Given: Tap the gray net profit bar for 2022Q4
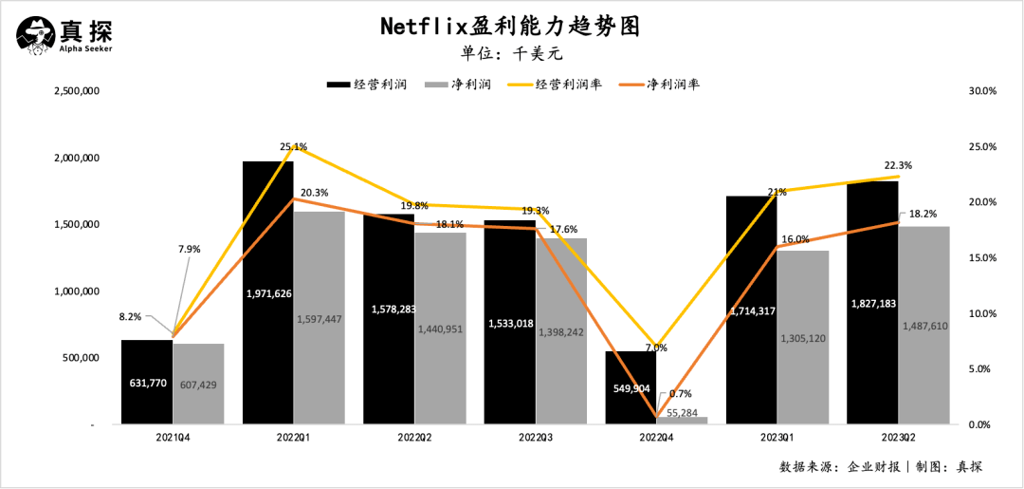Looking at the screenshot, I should click(682, 420).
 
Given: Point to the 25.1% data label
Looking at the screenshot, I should click(294, 147).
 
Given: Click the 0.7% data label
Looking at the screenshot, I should click(680, 393).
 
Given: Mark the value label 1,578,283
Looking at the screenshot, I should click(389, 310).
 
